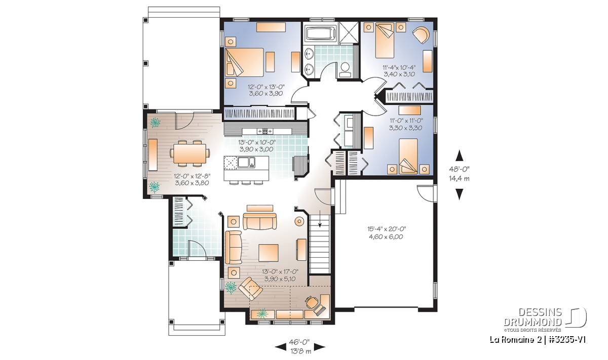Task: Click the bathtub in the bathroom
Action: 320,33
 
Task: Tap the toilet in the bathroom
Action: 345,69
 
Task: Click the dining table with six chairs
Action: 189,153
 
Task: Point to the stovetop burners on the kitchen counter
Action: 265,131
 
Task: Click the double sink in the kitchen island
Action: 246,162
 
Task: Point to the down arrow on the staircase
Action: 320,218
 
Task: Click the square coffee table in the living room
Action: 269,253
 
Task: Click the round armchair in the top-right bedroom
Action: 421,35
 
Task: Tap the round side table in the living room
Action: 299,221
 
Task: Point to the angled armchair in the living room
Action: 250,289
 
